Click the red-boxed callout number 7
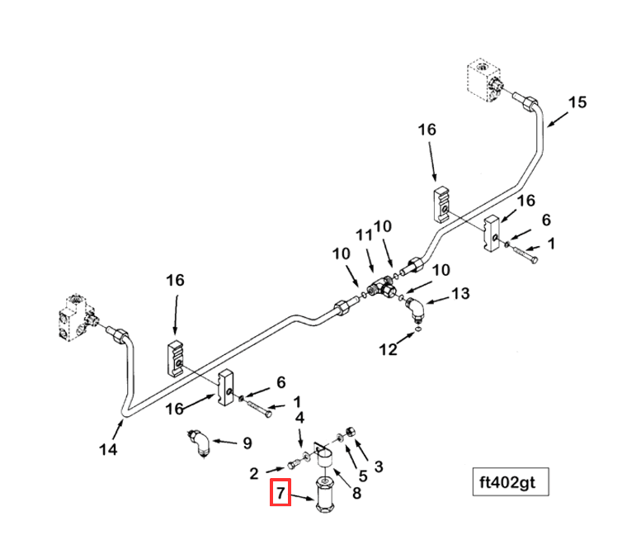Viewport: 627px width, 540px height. (x=280, y=494)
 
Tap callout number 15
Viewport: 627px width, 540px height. (x=577, y=102)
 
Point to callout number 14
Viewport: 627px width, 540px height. (x=108, y=449)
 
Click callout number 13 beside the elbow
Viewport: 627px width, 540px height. (x=460, y=293)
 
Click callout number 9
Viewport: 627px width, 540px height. (x=245, y=443)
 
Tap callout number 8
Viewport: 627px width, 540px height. (x=356, y=494)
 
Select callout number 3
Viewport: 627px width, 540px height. (x=378, y=467)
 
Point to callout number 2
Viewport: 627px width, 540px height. (x=255, y=473)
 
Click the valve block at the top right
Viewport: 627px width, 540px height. (x=483, y=82)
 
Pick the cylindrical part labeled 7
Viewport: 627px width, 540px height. (x=324, y=497)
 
